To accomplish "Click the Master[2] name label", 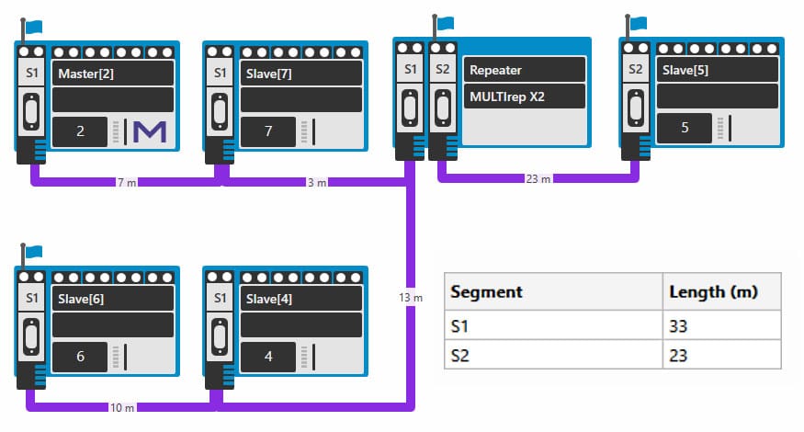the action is (85, 74).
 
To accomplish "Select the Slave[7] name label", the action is (268, 74).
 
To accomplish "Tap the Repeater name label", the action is (495, 70).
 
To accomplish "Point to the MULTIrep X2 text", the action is (507, 97).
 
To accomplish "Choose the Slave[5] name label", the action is (685, 70).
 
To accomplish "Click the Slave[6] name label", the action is (81, 299).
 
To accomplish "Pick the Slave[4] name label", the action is (268, 299).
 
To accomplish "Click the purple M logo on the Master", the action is (150, 131).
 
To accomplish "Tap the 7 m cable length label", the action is (127, 182).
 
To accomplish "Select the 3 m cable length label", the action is (317, 182).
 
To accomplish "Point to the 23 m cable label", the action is (538, 178).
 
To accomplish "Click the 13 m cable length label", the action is (411, 297).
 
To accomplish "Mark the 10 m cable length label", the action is (122, 407).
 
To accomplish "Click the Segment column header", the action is (486, 291).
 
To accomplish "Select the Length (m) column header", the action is (713, 291).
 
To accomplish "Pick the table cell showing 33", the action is (678, 325).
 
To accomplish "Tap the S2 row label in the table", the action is (459, 355).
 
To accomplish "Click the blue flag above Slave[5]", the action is (638, 23).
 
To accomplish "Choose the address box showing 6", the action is (80, 356).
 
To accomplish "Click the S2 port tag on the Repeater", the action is (443, 69).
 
